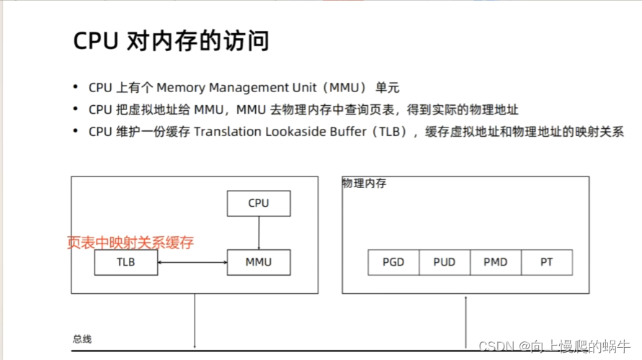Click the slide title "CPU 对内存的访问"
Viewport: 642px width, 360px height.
tap(171, 41)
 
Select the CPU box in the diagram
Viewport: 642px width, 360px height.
tap(259, 203)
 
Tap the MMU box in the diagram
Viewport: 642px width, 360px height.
tap(259, 262)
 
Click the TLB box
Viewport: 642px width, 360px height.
tap(126, 262)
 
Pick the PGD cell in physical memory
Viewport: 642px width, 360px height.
tap(393, 262)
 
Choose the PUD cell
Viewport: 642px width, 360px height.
tap(444, 262)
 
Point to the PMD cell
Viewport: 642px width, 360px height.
tap(495, 262)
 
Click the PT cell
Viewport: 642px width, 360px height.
tap(547, 262)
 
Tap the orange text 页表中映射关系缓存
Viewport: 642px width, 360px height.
tap(130, 242)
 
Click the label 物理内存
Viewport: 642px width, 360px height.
tap(365, 184)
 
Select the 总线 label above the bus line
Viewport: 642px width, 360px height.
tap(82, 339)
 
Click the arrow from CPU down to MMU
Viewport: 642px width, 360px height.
tap(259, 233)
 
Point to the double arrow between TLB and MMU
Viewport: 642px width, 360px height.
tap(192, 262)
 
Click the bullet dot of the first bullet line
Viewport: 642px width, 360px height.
tap(76, 88)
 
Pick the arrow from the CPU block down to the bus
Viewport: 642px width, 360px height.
tap(195, 320)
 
